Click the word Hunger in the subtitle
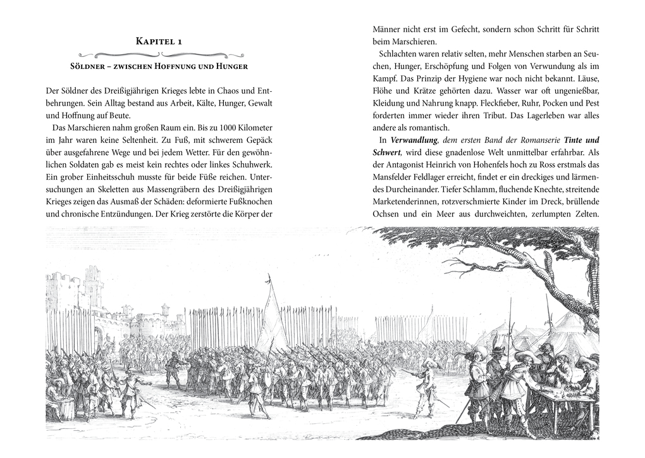(230, 66)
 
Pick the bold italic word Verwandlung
(412, 140)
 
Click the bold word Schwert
(386, 152)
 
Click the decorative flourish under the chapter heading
(159, 54)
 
